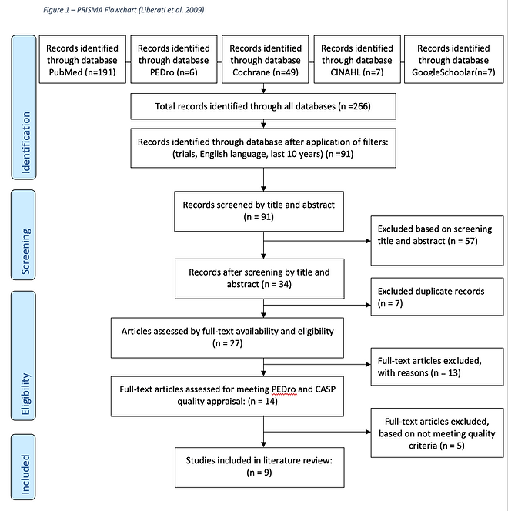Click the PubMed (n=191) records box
pos(82,59)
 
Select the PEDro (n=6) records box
pos(174,59)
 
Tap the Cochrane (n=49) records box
pos(266,59)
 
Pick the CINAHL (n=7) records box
pos(357,59)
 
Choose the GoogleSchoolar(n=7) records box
pos(453,59)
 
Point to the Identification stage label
pos(24,108)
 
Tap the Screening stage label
pos(24,235)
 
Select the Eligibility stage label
pos(24,356)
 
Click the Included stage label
pos(24,467)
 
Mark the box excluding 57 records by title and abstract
pos(437,241)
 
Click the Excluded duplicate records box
pos(437,296)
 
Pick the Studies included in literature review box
pos(259,467)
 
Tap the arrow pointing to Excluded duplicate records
pos(317,305)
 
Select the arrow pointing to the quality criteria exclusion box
pos(317,433)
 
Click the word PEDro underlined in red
pos(283,389)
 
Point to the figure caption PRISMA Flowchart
pos(124,10)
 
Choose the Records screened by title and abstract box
pos(259,211)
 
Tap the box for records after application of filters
pos(263,148)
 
